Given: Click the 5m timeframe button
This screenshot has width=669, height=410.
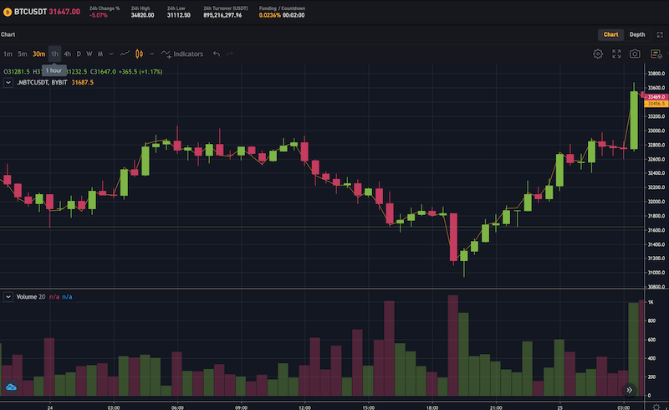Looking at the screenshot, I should point(23,54).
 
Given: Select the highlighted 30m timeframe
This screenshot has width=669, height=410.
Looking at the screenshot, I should point(38,54).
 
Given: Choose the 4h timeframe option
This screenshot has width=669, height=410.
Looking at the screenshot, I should point(67,54).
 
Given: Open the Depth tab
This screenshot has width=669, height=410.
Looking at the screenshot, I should point(637,34).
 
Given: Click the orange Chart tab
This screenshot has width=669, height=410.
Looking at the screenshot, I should point(611,34).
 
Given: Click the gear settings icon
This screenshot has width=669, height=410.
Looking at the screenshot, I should point(598,54).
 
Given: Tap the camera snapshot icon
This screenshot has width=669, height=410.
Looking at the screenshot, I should point(635,54).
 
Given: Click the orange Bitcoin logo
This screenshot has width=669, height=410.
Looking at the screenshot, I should point(8,12).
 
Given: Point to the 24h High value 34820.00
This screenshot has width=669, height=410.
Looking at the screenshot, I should point(143,15).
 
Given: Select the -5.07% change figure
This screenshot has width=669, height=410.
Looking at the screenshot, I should point(99,15).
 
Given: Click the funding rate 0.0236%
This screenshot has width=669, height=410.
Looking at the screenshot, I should point(270,15).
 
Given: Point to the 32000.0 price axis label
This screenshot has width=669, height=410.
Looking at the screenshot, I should point(656,202).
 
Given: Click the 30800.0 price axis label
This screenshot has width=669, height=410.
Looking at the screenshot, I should point(656,287).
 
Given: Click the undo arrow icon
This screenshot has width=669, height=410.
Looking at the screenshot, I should point(217,54).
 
